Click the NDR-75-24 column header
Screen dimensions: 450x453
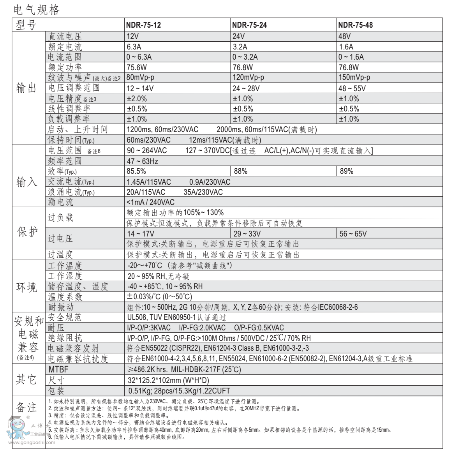249,25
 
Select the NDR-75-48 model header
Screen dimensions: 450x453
355,25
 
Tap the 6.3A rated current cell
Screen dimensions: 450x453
134,47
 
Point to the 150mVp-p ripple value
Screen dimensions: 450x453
354,78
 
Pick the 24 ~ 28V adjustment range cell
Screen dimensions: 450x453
246,88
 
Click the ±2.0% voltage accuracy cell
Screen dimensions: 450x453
137,99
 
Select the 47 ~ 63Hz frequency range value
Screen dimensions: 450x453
143,161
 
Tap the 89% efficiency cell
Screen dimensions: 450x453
346,171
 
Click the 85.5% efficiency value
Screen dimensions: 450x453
136,171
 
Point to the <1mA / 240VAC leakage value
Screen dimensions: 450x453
150,202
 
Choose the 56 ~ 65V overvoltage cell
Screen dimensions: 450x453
353,234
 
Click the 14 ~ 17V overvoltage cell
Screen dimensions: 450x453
141,234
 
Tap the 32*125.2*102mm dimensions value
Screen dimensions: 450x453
168,380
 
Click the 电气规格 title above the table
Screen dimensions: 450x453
37,10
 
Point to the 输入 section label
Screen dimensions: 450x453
26,182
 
